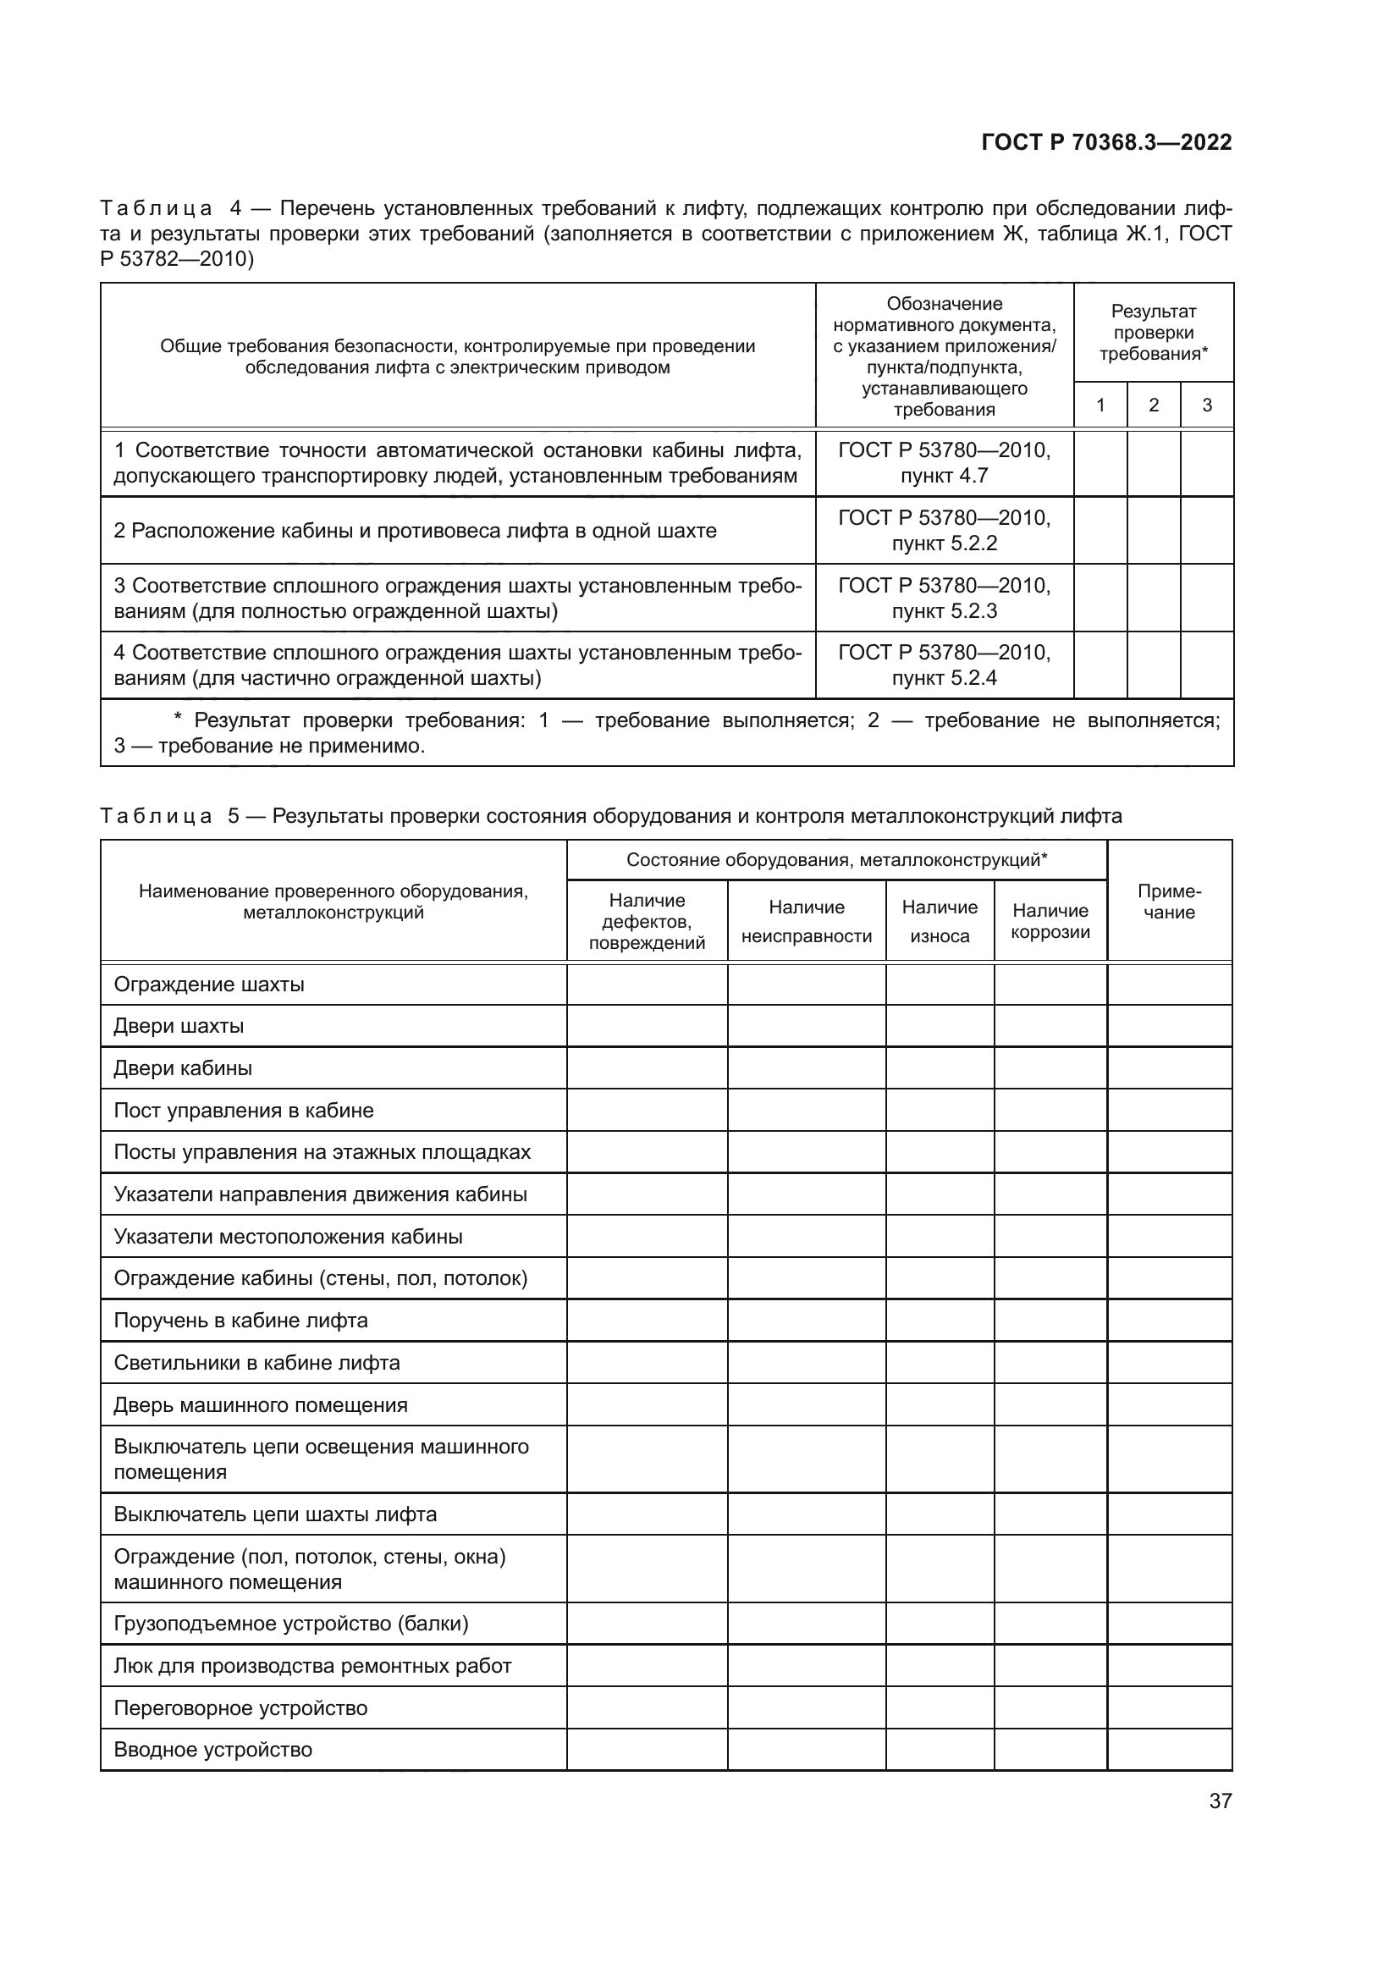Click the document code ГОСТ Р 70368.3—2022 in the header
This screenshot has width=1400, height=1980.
pyautogui.click(x=1106, y=143)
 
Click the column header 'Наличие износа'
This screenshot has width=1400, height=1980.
pyautogui.click(x=940, y=921)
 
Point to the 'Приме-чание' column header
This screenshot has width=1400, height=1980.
pyautogui.click(x=1169, y=902)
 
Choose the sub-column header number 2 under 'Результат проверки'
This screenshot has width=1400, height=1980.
pyautogui.click(x=1154, y=405)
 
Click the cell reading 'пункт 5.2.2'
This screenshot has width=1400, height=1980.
pyautogui.click(x=944, y=543)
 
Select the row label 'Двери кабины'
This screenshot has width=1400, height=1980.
pyautogui.click(x=183, y=1068)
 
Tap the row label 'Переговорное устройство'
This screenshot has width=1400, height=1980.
pyautogui.click(x=240, y=1708)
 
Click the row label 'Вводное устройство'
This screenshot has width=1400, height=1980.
pyautogui.click(x=213, y=1750)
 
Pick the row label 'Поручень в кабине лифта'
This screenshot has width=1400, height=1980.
pyautogui.click(x=240, y=1321)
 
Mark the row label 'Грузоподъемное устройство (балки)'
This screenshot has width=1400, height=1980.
pyautogui.click(x=290, y=1624)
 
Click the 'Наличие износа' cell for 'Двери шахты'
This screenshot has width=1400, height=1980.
pyautogui.click(x=940, y=1026)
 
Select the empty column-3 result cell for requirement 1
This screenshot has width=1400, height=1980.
pyautogui.click(x=1206, y=463)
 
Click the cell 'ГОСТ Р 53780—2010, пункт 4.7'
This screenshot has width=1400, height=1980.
pyautogui.click(x=944, y=463)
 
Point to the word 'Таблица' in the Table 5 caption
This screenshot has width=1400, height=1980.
pyautogui.click(x=156, y=816)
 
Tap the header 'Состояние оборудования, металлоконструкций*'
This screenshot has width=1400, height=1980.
pyautogui.click(x=836, y=860)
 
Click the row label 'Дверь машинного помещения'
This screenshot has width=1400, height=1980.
pyautogui.click(x=261, y=1405)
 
